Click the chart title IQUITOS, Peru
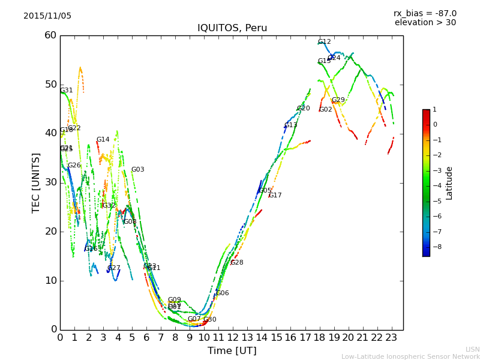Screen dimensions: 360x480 [x=232, y=28]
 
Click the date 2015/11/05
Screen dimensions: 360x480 [x=47, y=16]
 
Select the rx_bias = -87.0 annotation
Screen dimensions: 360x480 [x=425, y=13]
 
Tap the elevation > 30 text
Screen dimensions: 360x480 [x=425, y=23]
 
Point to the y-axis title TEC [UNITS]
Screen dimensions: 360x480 [x=36, y=182]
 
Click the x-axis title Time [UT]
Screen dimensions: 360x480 [x=232, y=350]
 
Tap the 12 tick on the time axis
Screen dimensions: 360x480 [x=233, y=337]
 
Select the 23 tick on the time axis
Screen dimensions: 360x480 [x=392, y=337]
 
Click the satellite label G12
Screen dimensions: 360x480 [x=325, y=42]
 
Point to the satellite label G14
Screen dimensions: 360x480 [x=103, y=140]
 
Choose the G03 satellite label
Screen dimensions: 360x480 [x=138, y=170]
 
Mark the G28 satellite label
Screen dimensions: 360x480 [x=237, y=263]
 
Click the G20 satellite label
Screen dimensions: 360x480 [x=304, y=109]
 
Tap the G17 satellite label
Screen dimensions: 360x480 [x=275, y=196]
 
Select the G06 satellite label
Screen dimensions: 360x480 [x=223, y=293]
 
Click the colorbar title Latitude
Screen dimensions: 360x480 [x=449, y=183]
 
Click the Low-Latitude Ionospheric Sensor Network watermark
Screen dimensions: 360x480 [x=410, y=356]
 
